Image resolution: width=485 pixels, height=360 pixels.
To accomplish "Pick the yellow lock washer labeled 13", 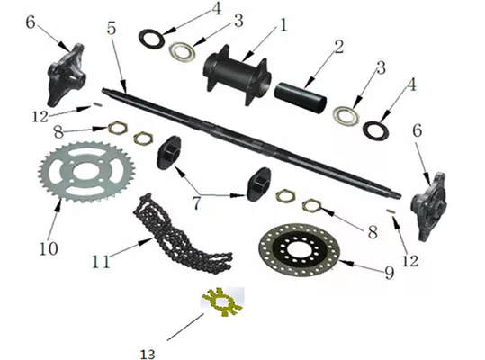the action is (x=222, y=301).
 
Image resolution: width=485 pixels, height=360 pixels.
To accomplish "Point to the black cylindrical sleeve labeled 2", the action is (x=301, y=97).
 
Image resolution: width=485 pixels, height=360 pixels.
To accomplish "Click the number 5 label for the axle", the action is (x=112, y=29).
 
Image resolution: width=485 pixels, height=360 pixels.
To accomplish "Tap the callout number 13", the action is (x=148, y=354).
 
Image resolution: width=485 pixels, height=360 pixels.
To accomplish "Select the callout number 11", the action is (x=101, y=262).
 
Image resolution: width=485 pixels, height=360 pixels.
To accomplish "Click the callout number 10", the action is (x=49, y=248).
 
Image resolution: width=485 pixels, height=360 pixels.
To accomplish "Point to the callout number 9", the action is (x=389, y=273).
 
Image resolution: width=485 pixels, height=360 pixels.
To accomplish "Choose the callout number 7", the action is (x=196, y=203).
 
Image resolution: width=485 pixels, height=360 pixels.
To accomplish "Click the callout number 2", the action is (x=338, y=47).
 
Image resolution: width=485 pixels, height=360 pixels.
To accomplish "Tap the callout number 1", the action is (x=283, y=25).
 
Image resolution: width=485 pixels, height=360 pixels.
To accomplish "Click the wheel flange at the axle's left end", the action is (x=65, y=76).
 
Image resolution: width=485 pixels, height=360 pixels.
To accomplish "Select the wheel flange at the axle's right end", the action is (x=428, y=207).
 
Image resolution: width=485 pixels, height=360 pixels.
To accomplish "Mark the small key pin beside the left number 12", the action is (x=96, y=105).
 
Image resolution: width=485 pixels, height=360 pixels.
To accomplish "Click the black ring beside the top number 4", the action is (x=151, y=39).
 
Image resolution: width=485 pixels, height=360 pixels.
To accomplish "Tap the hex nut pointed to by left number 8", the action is (x=118, y=128).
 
